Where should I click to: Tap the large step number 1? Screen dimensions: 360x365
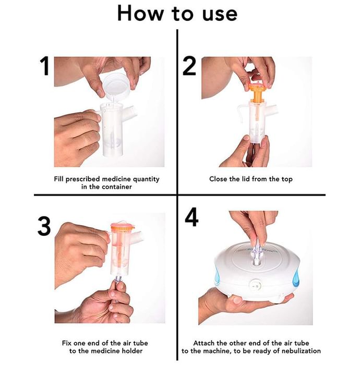pos(44,66)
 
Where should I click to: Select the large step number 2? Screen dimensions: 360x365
pos(189,66)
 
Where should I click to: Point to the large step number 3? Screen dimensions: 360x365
pos(44,226)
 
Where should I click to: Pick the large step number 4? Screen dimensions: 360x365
pos(191,217)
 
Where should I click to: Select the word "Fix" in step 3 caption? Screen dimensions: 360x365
pos(67,343)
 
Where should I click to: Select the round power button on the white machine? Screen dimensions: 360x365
pos(255,285)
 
